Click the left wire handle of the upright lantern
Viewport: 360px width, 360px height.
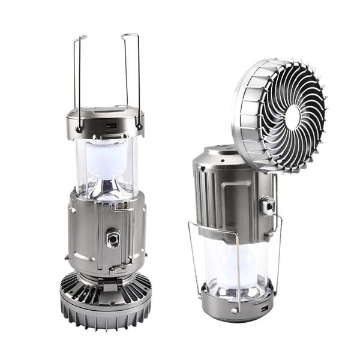[x=77, y=78]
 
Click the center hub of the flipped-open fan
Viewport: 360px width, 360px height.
[x=293, y=117]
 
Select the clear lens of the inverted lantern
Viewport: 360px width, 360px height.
[x=234, y=264]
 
